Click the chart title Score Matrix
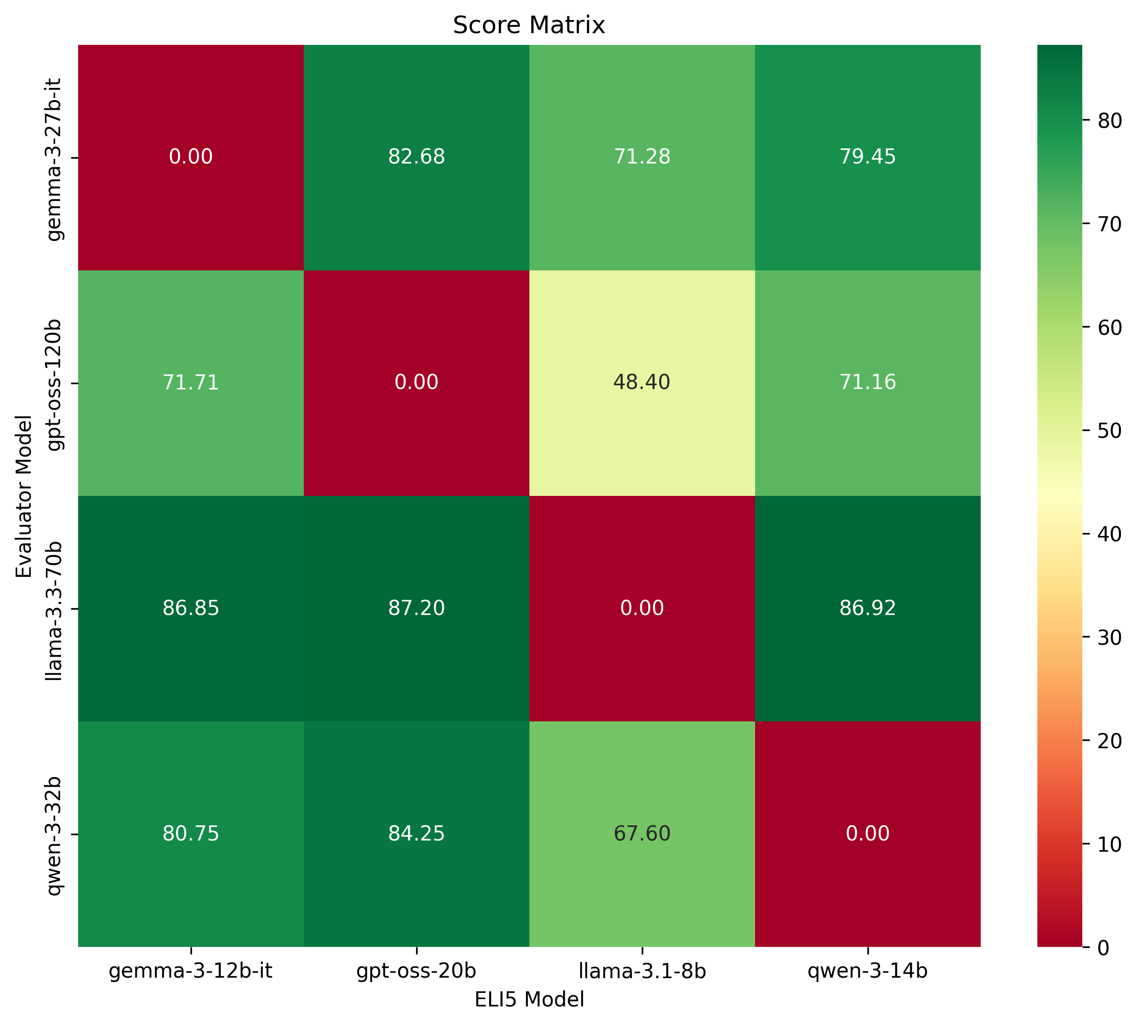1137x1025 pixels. [528, 25]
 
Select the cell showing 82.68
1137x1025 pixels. [417, 157]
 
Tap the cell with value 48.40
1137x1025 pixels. [642, 382]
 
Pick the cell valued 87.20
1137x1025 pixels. [417, 608]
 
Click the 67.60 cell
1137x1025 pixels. [642, 834]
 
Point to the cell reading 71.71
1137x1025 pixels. [191, 382]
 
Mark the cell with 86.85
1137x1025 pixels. [191, 608]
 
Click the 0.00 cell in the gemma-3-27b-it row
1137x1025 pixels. [191, 157]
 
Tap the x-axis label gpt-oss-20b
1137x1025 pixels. [417, 971]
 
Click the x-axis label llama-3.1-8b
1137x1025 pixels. [642, 971]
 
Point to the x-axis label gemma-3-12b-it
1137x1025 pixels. [191, 971]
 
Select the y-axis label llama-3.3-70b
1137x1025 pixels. [55, 609]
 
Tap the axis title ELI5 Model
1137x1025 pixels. [528, 1000]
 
